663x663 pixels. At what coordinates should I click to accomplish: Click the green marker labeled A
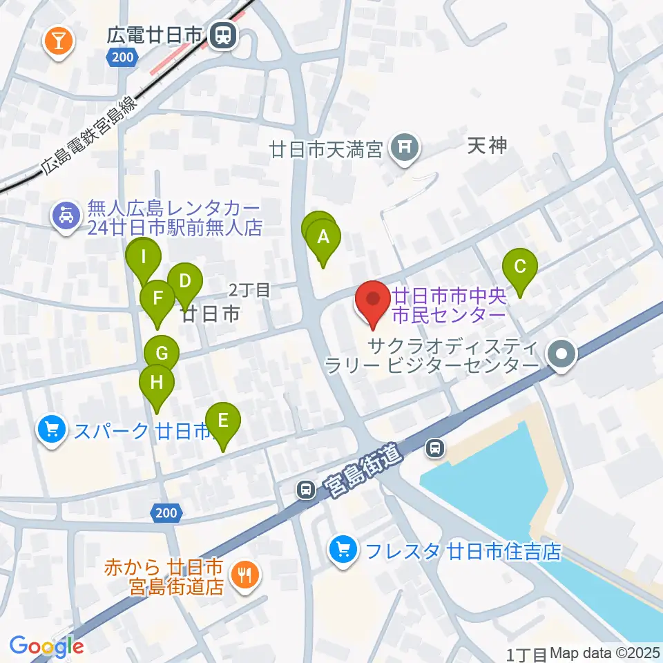click(323, 238)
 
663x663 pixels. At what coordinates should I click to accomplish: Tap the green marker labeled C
click(521, 267)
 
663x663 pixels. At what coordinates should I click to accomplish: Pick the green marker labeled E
click(222, 421)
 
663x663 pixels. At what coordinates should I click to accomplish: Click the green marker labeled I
click(143, 258)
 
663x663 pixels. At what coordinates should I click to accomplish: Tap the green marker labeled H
click(157, 382)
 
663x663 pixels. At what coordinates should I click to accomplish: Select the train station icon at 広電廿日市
click(222, 36)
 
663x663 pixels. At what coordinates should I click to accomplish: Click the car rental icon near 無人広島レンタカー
click(66, 218)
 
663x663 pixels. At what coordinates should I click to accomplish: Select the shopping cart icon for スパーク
click(51, 430)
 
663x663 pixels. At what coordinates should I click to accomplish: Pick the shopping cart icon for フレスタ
click(343, 550)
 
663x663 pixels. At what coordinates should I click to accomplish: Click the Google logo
click(46, 646)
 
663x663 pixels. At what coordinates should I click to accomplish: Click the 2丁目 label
click(250, 290)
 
